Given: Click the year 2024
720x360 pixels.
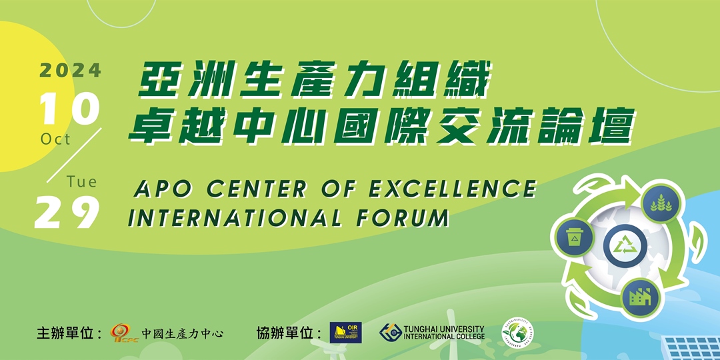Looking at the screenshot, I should click(x=71, y=70).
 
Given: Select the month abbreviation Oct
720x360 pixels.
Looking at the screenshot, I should click(x=55, y=139).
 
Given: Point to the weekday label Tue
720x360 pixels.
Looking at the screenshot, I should click(x=82, y=181).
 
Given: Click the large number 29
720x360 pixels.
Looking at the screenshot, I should click(x=67, y=213).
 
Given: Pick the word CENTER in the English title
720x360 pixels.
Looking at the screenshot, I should click(x=257, y=189).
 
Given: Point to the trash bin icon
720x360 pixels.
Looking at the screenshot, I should click(x=573, y=237).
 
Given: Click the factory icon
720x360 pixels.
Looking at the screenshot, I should click(x=641, y=295).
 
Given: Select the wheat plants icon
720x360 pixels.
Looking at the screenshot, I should click(x=660, y=201).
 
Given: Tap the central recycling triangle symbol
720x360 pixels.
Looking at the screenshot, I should click(x=625, y=247).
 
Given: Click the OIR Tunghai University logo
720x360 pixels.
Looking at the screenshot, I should click(x=345, y=332).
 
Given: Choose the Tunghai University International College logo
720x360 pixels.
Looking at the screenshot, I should click(x=432, y=332).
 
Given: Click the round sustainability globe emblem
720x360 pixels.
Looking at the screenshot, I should click(x=517, y=331).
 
